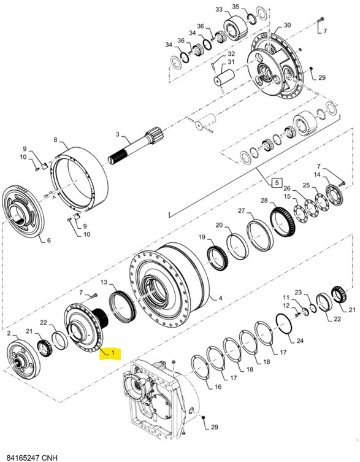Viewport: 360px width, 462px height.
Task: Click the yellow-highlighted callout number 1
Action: tap(112, 353)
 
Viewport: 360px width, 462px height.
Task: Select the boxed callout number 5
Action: tap(275, 182)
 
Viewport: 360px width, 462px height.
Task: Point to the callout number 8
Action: tap(55, 140)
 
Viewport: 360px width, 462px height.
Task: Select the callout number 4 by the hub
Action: tap(221, 299)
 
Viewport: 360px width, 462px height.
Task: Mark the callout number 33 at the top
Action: tap(220, 9)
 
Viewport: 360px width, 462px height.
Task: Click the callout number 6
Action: tap(48, 241)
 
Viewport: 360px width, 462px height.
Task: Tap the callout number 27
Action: tap(241, 211)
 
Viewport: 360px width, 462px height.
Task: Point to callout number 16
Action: tap(218, 387)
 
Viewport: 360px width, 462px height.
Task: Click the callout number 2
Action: tap(9, 333)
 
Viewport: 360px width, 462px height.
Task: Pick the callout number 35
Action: tap(235, 6)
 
